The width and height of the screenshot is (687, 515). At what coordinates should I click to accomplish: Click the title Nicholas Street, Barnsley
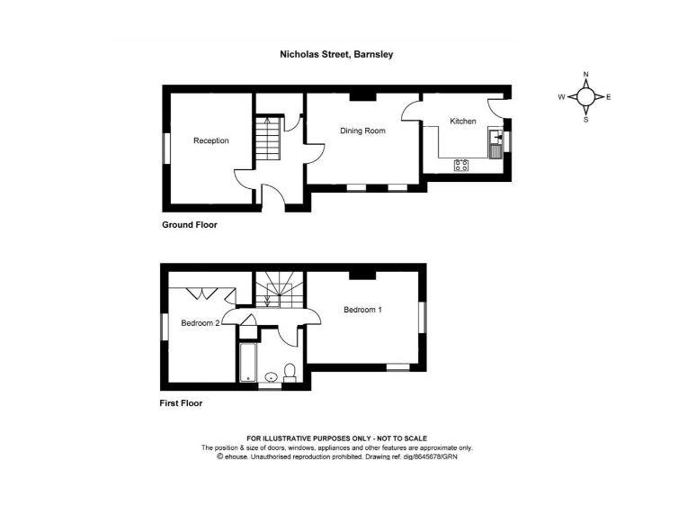[336, 54]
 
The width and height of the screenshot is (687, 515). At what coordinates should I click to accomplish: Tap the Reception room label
[210, 140]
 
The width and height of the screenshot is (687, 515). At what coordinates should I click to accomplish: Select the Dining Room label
[362, 131]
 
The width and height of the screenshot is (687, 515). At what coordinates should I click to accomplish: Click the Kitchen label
[463, 122]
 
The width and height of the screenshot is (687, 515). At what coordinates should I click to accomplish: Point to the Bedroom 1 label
[363, 310]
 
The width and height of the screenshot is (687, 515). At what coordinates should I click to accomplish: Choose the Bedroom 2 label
[200, 323]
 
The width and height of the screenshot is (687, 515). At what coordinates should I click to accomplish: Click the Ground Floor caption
[189, 225]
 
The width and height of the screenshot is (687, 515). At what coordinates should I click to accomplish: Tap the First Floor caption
[182, 403]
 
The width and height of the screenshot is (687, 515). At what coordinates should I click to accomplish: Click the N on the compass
[585, 75]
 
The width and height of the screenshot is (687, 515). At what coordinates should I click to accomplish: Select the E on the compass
[609, 96]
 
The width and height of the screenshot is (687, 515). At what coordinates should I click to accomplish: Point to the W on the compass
[561, 96]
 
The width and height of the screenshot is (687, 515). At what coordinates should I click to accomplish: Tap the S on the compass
[585, 118]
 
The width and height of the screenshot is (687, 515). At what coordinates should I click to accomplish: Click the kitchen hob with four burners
[462, 164]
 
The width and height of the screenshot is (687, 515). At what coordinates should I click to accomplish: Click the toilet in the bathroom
[290, 372]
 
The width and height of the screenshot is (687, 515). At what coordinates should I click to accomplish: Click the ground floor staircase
[266, 141]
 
